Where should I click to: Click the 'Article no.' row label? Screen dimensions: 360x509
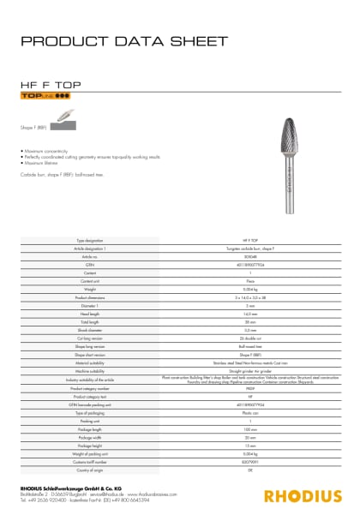coord(90,256)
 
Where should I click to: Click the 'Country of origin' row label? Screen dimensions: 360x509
coord(90,471)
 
